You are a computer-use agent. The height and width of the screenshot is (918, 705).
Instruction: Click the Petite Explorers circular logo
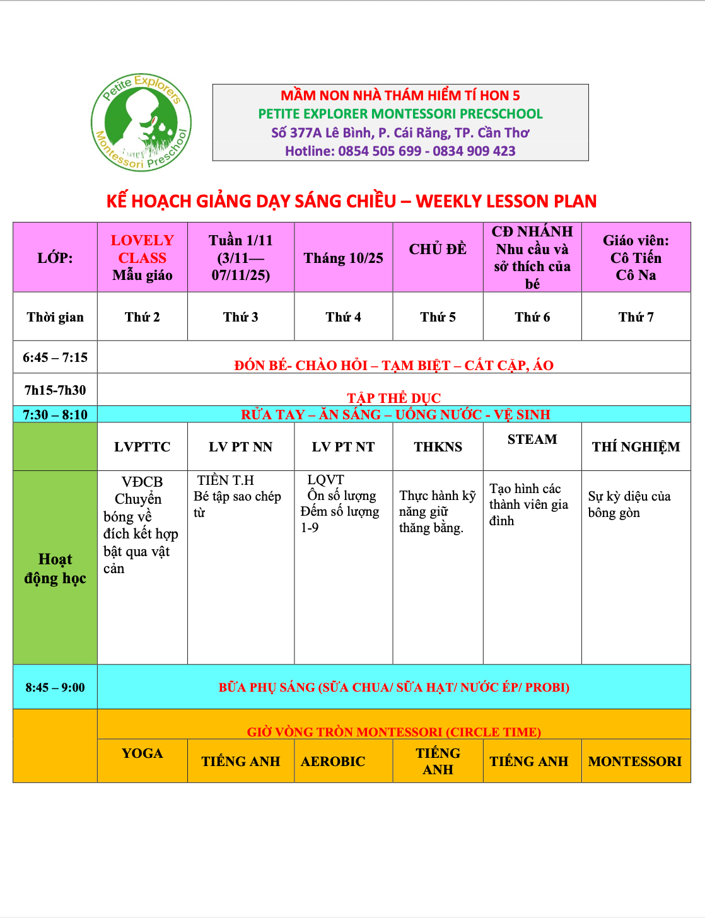[x=141, y=122]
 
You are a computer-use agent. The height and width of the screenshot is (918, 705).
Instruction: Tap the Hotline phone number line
[x=400, y=151]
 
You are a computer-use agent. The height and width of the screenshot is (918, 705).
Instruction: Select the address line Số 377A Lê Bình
[x=400, y=133]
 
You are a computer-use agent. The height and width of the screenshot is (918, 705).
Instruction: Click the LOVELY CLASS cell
[x=143, y=257]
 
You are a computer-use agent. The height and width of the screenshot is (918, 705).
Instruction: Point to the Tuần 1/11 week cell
[x=241, y=257]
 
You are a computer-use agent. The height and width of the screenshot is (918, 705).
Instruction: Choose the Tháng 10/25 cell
[x=343, y=258]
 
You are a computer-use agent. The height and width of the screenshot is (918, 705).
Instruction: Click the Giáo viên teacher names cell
[x=636, y=257]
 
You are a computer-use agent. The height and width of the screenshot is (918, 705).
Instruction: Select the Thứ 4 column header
[x=343, y=317]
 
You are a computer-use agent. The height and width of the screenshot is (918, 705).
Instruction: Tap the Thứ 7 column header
[x=636, y=317]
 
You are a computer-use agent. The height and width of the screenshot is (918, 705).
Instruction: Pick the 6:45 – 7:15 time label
[x=55, y=357]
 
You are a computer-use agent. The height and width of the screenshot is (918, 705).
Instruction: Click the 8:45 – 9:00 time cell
[x=55, y=687]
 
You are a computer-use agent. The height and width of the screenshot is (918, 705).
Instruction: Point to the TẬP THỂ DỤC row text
[x=393, y=398]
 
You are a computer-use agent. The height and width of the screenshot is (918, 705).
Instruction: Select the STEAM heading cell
[x=532, y=439]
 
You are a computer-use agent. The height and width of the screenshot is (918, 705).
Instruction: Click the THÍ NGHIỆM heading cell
[x=636, y=447]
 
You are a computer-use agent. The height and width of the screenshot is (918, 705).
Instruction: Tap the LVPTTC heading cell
[x=143, y=447]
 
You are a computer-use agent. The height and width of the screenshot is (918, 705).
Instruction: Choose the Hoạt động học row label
[x=55, y=569]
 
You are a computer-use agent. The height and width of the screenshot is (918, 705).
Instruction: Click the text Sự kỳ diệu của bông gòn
[x=629, y=504]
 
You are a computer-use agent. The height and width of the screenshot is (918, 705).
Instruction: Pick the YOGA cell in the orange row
[x=143, y=753]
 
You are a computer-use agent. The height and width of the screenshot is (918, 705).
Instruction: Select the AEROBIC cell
[x=333, y=762]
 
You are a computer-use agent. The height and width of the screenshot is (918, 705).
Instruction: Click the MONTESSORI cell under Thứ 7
[x=635, y=762]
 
